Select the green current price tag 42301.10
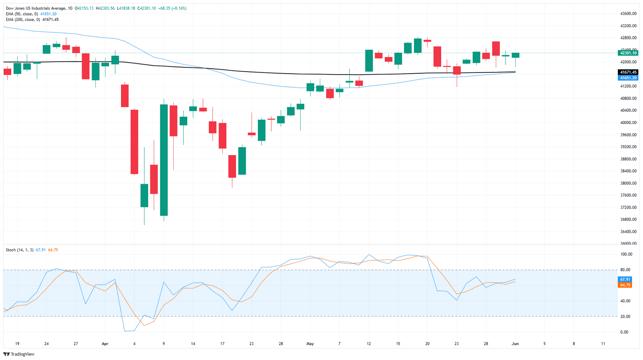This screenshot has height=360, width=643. [628, 53]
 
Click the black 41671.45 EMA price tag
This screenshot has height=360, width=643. [628, 72]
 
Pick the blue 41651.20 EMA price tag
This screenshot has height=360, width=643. [628, 78]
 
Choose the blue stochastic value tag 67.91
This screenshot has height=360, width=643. [625, 279]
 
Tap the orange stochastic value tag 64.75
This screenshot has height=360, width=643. [625, 285]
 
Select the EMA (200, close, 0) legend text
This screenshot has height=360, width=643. [23, 20]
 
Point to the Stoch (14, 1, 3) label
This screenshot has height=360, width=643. [20, 250]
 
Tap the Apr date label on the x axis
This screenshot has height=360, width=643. [105, 344]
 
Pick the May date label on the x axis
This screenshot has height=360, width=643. [310, 344]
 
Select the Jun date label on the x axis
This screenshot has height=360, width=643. [515, 344]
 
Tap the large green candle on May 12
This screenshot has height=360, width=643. [369, 61]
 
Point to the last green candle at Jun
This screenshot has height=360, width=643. [515, 55]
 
